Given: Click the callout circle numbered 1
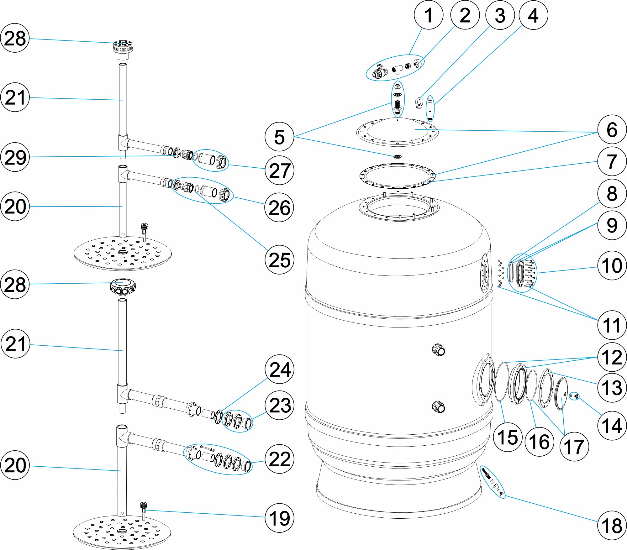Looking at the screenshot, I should pos(428,15).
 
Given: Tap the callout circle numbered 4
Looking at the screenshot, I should pos(533,15).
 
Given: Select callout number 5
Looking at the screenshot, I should pos(279,137).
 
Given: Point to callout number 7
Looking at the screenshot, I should pos(612,161).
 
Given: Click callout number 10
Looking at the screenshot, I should pos(612,265).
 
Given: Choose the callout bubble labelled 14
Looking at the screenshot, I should pos(612,425).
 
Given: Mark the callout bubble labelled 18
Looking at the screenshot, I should pos(612,525).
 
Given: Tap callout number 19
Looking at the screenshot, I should pos(279,518).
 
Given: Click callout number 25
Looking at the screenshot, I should pos(279,259).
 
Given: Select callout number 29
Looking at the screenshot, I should pos(15,157).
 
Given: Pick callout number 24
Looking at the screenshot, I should pos(279,369).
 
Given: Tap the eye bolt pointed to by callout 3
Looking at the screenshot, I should pos(419,102).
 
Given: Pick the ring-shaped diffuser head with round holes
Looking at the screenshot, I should pos(123,286).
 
